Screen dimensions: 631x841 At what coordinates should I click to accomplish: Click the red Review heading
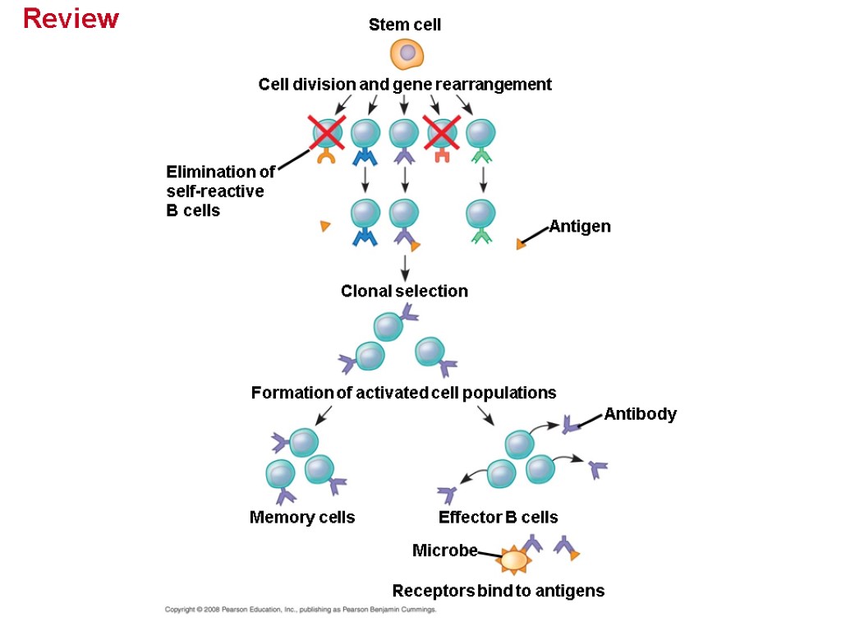pyautogui.click(x=71, y=18)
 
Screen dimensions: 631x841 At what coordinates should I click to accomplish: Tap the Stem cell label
pyautogui.click(x=404, y=25)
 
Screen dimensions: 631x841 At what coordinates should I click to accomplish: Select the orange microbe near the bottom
pyautogui.click(x=514, y=560)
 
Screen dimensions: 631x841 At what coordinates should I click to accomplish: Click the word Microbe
pyautogui.click(x=444, y=550)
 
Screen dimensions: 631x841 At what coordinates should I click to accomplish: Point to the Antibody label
pyautogui.click(x=640, y=414)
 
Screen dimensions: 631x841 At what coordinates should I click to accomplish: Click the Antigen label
pyautogui.click(x=580, y=226)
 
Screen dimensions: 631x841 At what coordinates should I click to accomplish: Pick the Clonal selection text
pyautogui.click(x=404, y=291)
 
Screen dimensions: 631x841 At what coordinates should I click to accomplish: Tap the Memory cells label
pyautogui.click(x=302, y=517)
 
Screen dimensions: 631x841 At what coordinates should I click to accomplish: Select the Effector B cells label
pyautogui.click(x=498, y=517)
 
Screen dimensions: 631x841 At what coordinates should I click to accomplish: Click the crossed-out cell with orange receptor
pyautogui.click(x=326, y=132)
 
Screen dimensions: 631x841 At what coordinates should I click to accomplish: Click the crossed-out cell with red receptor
pyautogui.click(x=441, y=132)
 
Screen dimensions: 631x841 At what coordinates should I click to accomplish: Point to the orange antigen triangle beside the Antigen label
pyautogui.click(x=520, y=244)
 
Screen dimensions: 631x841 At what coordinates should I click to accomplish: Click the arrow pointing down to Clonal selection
pyautogui.click(x=404, y=268)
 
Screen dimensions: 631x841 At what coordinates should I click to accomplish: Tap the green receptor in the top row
pyautogui.click(x=481, y=154)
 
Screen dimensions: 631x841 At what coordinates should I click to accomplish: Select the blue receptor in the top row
pyautogui.click(x=365, y=154)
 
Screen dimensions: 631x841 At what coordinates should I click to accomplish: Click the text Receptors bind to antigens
pyautogui.click(x=498, y=591)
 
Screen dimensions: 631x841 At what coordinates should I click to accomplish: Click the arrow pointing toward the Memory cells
pyautogui.click(x=324, y=414)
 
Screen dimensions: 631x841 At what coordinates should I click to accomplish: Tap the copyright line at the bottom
pyautogui.click(x=300, y=610)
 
